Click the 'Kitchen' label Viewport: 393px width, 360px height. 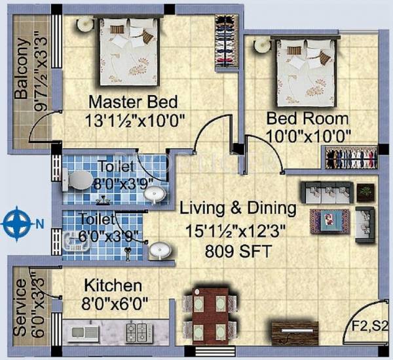[x=113, y=286]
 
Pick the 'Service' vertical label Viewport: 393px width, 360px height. [x=20, y=308]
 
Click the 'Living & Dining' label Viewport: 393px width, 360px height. [x=238, y=209]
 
